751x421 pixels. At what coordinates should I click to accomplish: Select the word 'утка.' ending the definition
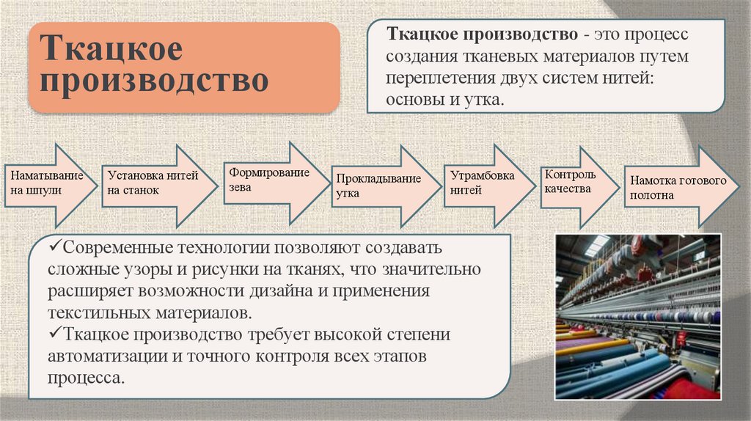(x=483, y=99)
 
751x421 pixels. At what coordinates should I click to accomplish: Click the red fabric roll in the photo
(x=686, y=389)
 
